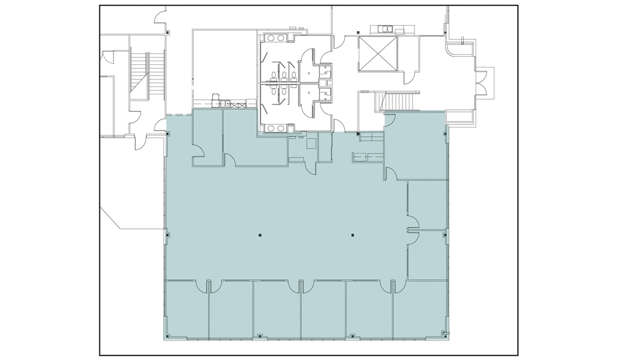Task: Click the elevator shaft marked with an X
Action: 377,54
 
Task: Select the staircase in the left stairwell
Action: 146,74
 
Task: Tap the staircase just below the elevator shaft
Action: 399,101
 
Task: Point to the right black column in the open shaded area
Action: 352,236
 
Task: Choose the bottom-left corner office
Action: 187,309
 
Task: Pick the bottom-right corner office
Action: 420,309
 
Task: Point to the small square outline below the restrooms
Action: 311,143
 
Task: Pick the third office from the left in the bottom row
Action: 277,309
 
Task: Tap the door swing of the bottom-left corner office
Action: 201,286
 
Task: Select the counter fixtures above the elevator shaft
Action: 388,29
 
